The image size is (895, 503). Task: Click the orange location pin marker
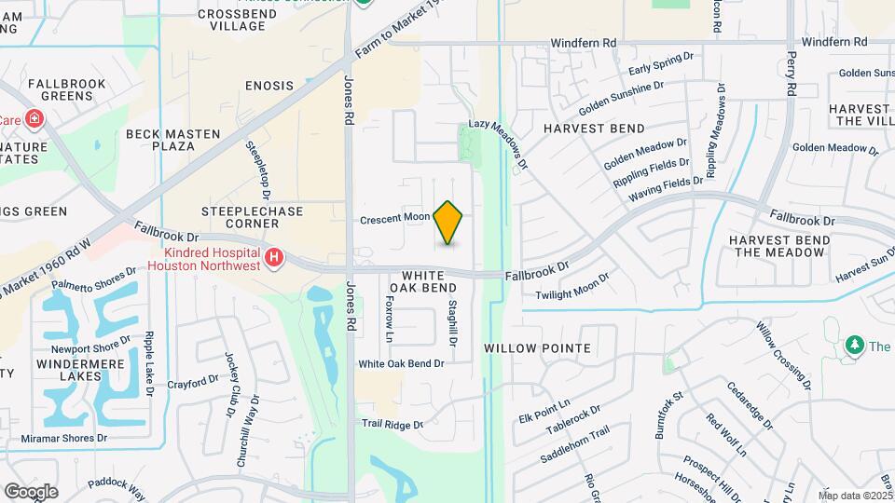[x=448, y=222]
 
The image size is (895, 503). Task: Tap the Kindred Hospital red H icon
[x=273, y=257]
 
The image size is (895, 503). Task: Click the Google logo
[x=32, y=491]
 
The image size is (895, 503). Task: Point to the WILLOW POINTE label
[x=538, y=348]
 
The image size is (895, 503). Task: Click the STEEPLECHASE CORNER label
[x=253, y=218]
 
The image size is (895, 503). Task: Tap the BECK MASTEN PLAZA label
[x=172, y=141]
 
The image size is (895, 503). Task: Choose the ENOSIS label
[x=269, y=86]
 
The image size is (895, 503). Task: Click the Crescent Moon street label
[x=395, y=218]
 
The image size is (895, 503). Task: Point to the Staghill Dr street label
[x=452, y=323]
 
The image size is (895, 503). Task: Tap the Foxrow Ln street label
[x=390, y=319]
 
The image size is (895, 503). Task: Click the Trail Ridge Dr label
[x=392, y=424]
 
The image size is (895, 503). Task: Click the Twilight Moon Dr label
[x=572, y=287]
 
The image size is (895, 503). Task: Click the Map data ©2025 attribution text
[x=856, y=496]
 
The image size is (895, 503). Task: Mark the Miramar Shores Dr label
[x=65, y=438]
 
